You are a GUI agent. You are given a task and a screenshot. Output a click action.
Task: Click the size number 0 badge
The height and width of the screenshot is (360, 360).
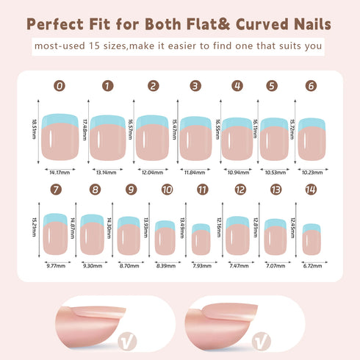point(60,86)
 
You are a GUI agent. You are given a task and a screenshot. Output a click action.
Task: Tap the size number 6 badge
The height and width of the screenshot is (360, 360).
point(312,86)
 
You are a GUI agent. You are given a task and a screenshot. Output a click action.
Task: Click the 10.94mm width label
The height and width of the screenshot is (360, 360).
point(237,173)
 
